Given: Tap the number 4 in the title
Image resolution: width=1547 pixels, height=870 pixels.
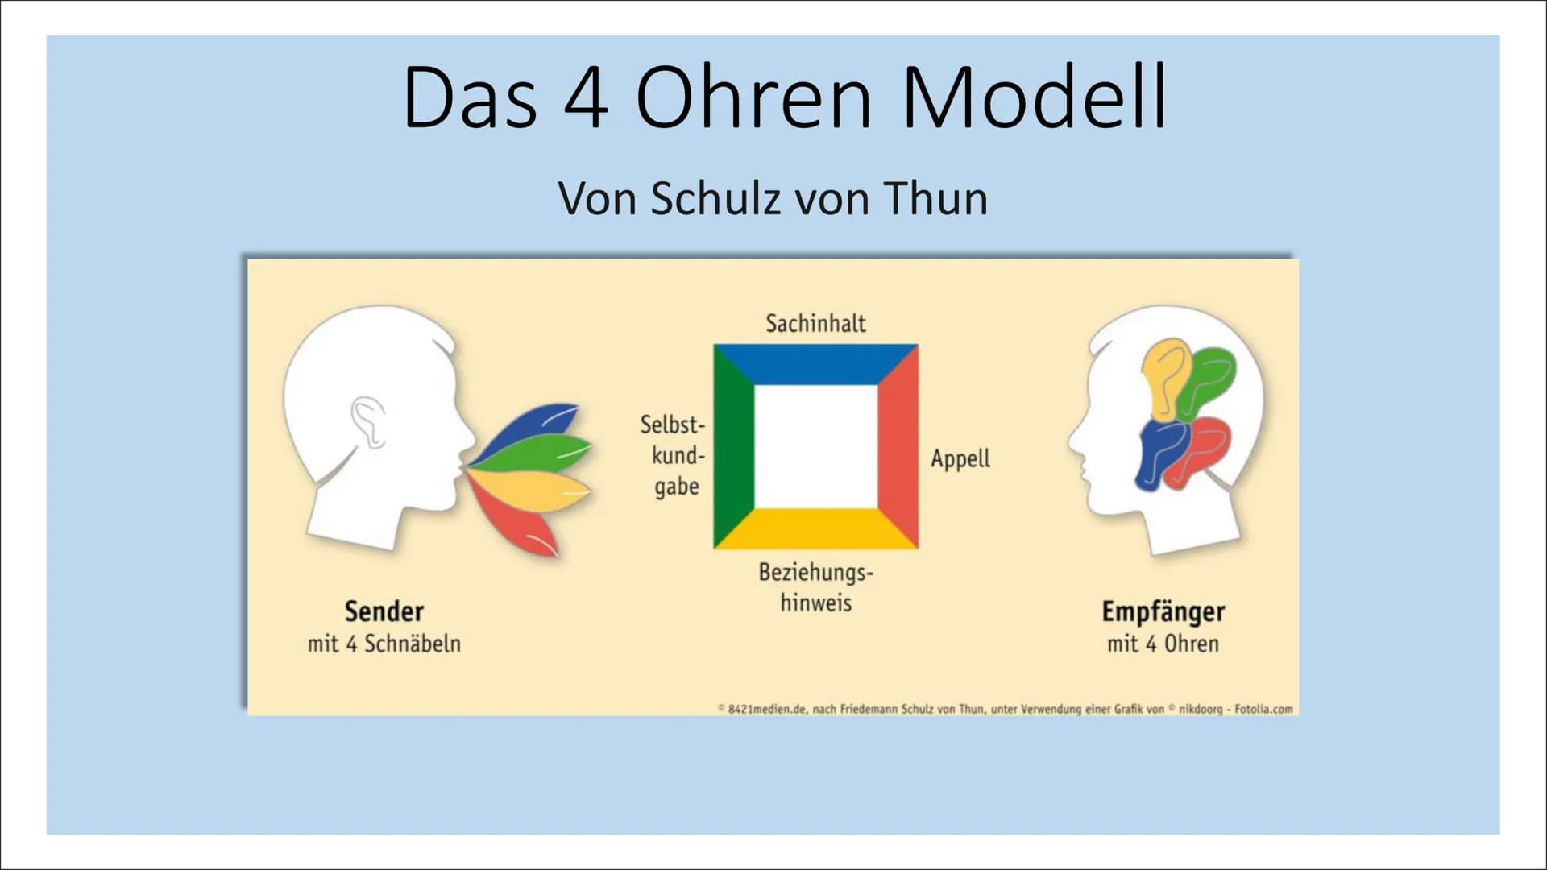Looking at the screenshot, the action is click(586, 97).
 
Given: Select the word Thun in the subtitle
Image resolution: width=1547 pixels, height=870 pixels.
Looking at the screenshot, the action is click(936, 198).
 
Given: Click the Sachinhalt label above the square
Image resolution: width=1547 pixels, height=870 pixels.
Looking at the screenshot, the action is click(815, 323).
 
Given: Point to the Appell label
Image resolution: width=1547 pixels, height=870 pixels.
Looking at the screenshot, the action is click(960, 458).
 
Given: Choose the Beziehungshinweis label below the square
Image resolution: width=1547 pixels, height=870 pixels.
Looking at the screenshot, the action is click(815, 587).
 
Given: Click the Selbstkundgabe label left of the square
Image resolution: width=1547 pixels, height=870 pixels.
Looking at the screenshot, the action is click(673, 455).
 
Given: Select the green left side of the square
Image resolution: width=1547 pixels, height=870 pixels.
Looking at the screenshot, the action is click(733, 447).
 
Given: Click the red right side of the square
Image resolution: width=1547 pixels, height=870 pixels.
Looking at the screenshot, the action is click(898, 447).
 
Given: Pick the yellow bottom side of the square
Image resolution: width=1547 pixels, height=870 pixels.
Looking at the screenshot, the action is click(815, 529).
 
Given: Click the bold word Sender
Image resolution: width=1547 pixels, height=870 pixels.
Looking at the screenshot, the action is click(384, 611).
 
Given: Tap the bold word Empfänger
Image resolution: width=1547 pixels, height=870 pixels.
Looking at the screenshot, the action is click(1163, 612).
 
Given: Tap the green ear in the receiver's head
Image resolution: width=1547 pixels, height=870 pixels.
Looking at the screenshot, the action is click(1205, 383).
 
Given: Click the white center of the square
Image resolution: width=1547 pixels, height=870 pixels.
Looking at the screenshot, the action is click(815, 447).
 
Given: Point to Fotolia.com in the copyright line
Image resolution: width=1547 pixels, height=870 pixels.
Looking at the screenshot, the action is click(1263, 710).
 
